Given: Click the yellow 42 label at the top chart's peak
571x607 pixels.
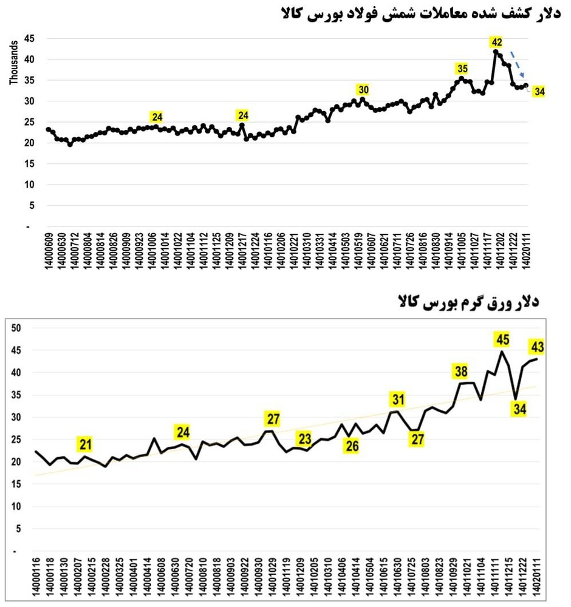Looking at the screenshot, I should pos(497,42).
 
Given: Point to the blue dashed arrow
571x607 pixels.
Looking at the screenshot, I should pos(518,64).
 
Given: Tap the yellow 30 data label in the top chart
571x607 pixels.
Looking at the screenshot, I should pos(363,90).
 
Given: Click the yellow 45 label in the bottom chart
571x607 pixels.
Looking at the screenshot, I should pos(502,339).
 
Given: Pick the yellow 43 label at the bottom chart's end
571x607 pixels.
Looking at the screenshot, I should pos(536,347).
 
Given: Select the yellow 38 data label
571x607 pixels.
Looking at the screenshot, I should pos(460,371).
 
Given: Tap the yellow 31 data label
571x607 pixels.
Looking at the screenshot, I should pos(397,399).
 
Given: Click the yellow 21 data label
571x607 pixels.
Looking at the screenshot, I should pos(86,444).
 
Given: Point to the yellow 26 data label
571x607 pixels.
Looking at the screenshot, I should pos(352,447).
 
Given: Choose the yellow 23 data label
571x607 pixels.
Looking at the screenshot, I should pos(304,438).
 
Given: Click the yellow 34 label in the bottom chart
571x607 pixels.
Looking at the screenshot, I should pos(520,409).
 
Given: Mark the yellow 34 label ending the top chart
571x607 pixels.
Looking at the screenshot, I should pos(539,92).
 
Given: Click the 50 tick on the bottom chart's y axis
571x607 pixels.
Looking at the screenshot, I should pos(16,328).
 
